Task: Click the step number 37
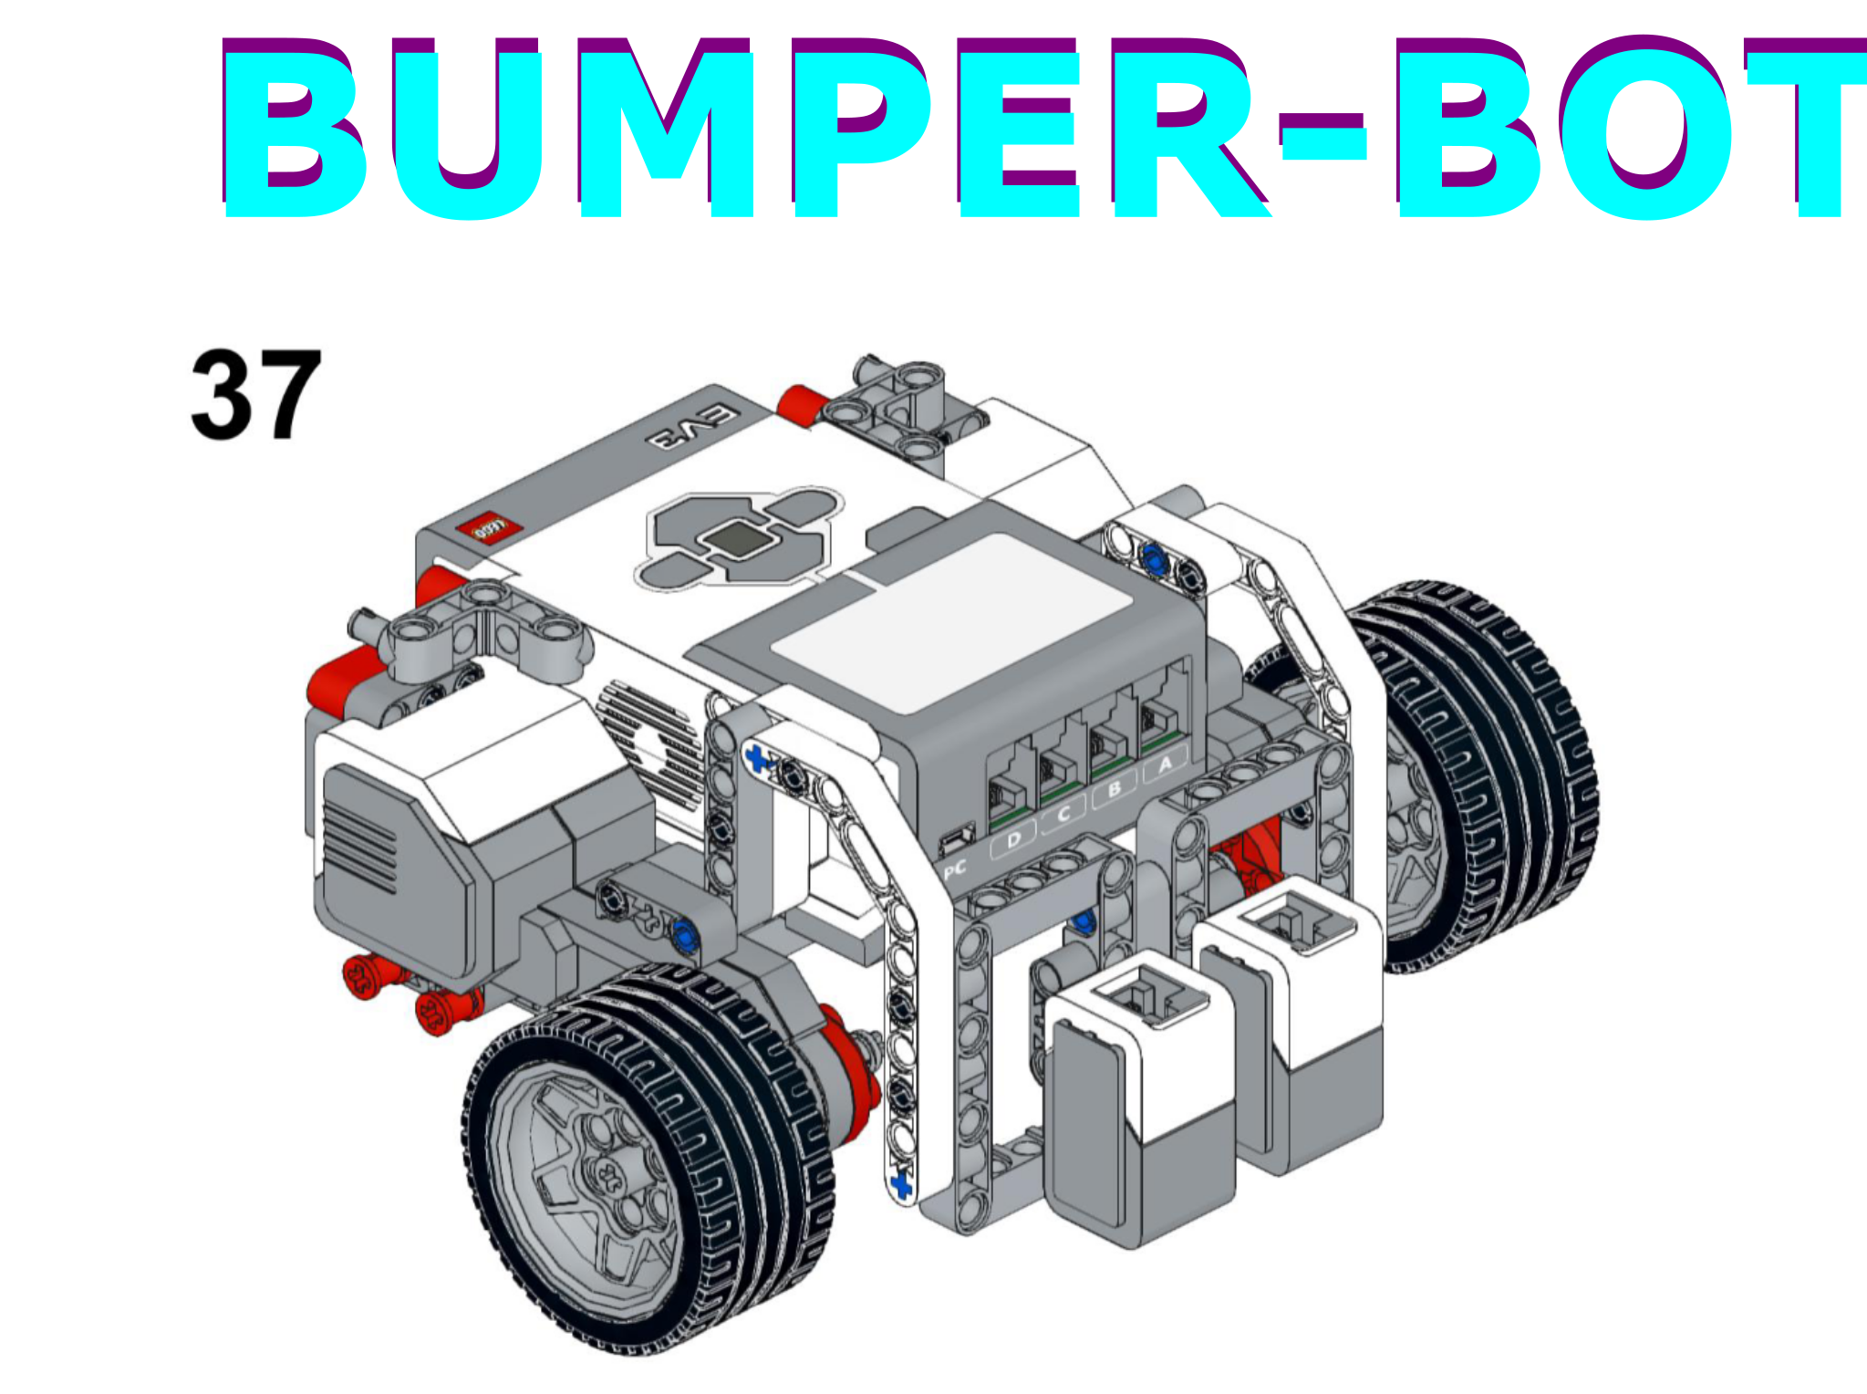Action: tap(256, 394)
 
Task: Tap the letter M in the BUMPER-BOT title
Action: tap(666, 128)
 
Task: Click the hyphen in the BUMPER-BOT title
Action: tap(1322, 137)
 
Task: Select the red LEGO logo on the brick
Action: tap(491, 527)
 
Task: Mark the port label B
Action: tap(1114, 789)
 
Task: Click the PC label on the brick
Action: tap(954, 869)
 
